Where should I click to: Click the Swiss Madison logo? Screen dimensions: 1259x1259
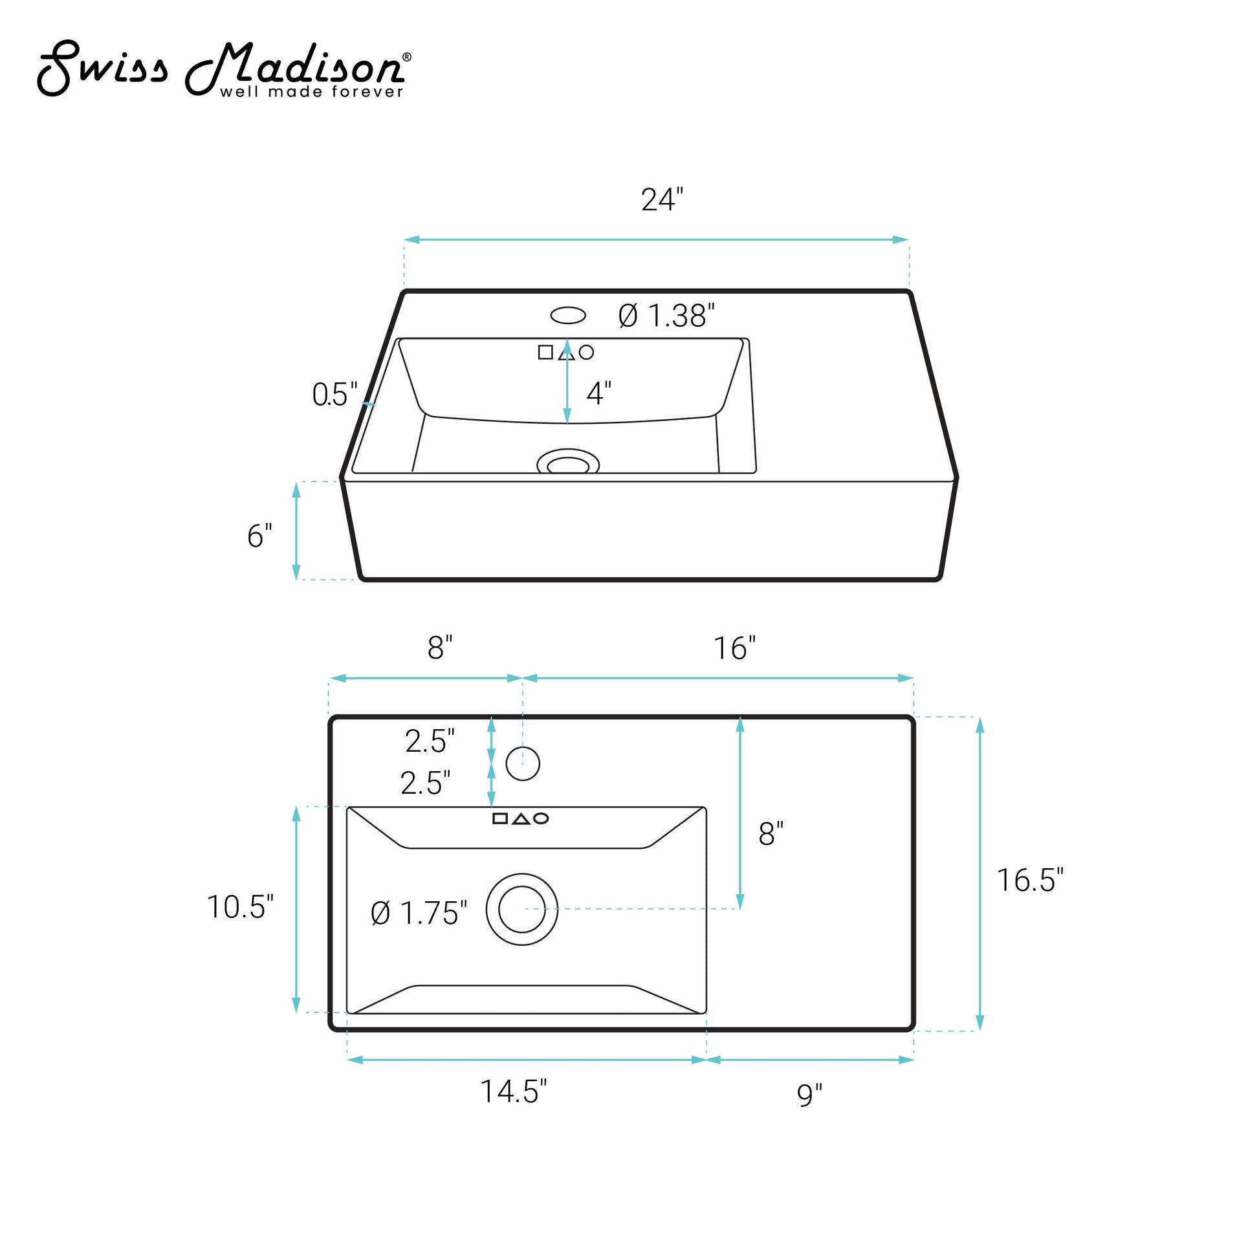[x=223, y=68]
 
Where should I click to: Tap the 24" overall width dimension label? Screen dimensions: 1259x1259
[x=662, y=199]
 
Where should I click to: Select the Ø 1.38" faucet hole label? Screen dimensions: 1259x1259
[x=666, y=316]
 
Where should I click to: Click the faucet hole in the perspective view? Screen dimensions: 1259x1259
[x=567, y=316]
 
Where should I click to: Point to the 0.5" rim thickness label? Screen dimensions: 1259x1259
[x=335, y=394]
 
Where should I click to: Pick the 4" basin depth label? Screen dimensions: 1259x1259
[x=599, y=393]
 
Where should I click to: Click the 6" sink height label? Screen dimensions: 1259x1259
[x=259, y=536]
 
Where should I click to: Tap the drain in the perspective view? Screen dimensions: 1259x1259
[x=567, y=462]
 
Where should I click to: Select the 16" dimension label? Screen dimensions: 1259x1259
[x=734, y=648]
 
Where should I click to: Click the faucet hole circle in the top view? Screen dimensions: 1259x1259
[x=523, y=763]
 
